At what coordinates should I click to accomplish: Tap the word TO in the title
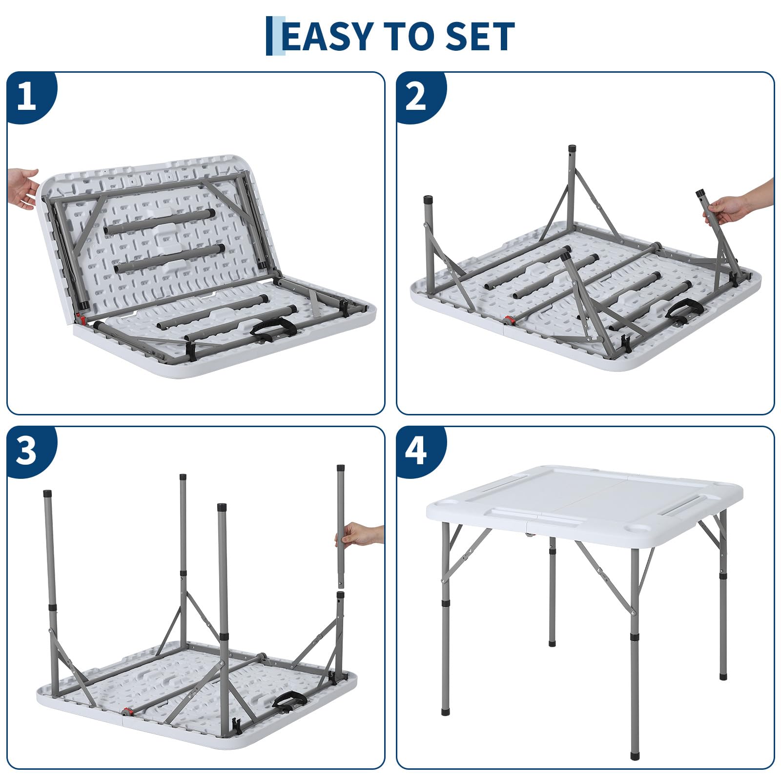tap(410, 36)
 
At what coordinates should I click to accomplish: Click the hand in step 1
tap(22, 188)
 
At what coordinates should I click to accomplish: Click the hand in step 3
tap(359, 535)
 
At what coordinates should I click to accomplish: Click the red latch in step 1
tap(82, 320)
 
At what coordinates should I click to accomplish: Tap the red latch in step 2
tap(509, 321)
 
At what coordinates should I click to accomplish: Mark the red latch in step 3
tap(127, 711)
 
